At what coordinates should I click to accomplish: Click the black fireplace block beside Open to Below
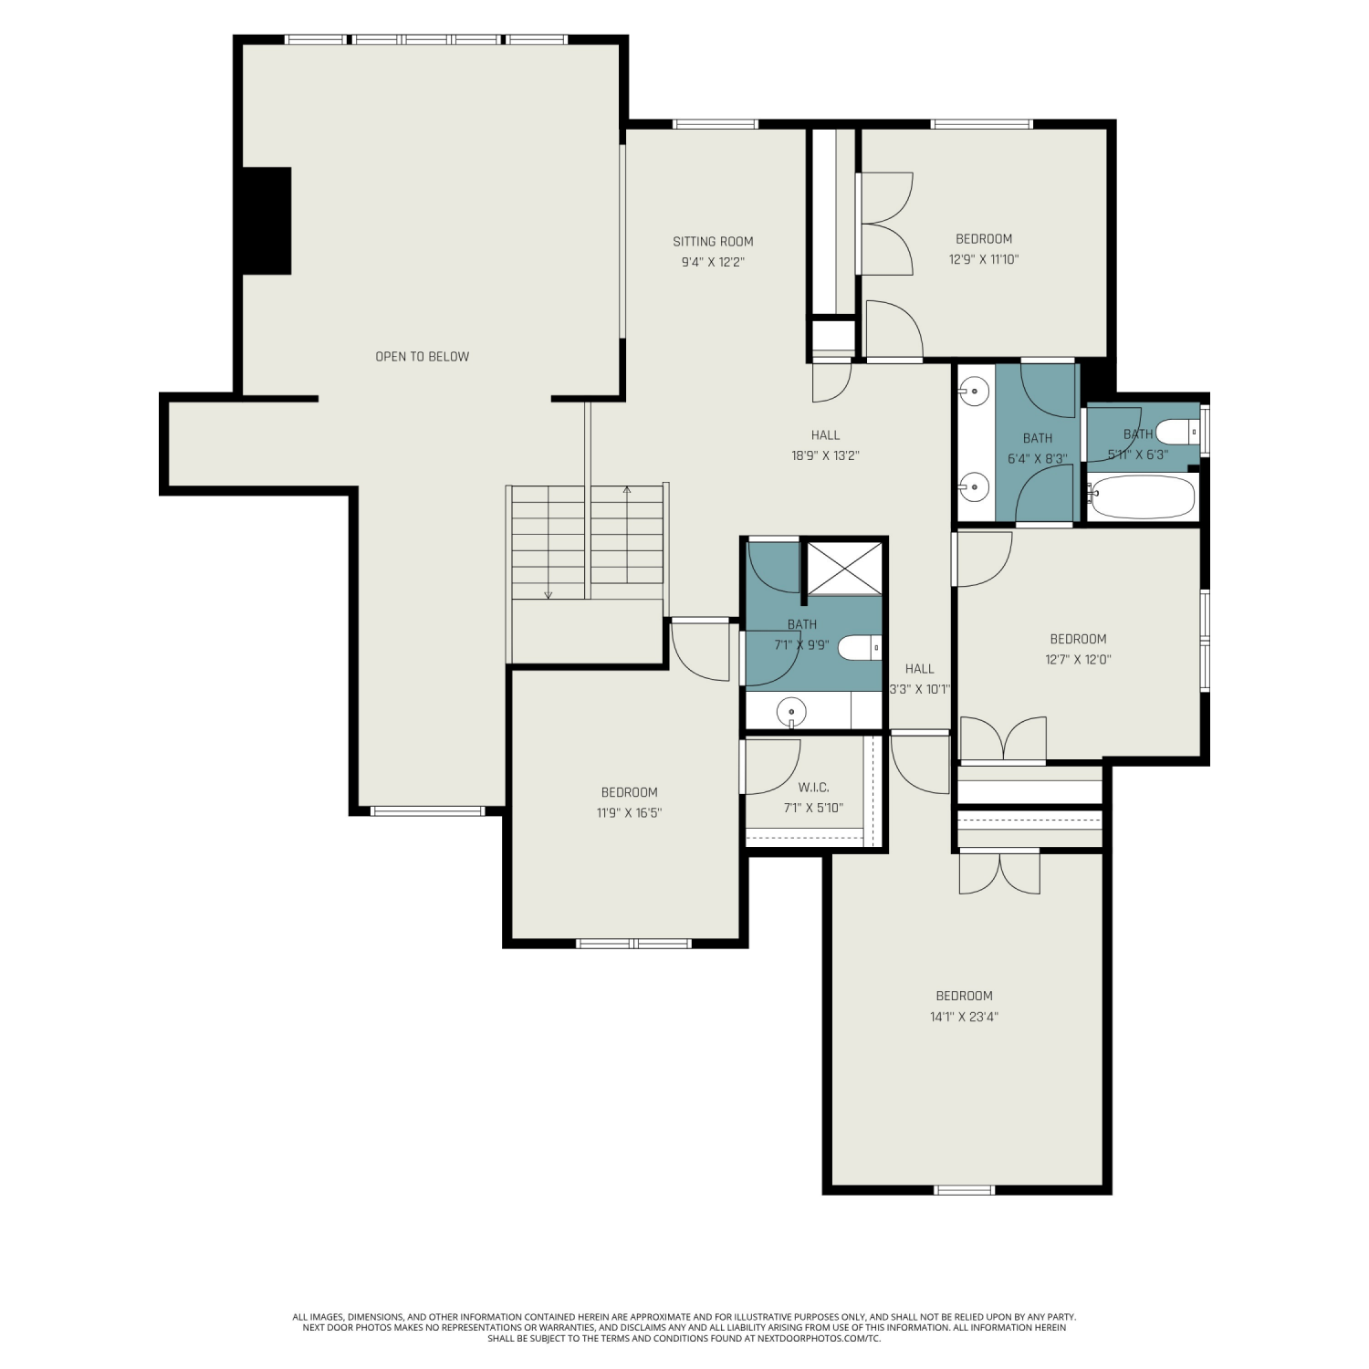point(266,220)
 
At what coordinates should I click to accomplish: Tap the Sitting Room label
point(713,242)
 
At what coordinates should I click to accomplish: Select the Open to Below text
point(423,357)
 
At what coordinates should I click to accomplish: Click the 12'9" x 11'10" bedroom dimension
point(984,259)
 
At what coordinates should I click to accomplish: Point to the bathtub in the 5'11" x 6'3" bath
point(1142,497)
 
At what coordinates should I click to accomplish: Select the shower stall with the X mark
point(845,569)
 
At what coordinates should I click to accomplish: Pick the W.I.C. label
point(813,788)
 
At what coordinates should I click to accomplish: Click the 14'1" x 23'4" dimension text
point(965,1017)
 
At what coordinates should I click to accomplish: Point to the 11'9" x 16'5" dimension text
point(630,812)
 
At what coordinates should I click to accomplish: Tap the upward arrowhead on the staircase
point(627,490)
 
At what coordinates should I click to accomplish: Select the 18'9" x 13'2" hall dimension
point(826,455)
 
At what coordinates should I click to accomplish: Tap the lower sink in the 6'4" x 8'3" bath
point(975,487)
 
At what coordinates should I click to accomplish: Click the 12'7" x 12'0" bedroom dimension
point(1079,659)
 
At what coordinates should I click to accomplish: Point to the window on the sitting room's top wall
point(716,124)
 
